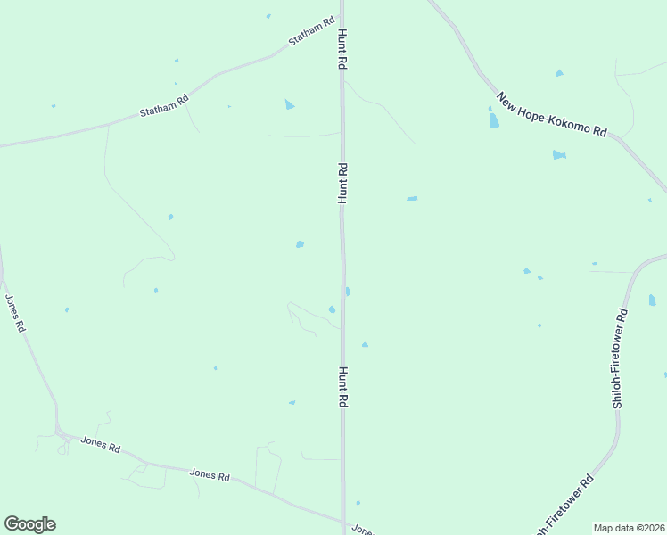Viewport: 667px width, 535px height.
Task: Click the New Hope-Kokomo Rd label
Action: click(x=551, y=114)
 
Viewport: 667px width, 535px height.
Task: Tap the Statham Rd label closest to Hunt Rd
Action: click(x=311, y=31)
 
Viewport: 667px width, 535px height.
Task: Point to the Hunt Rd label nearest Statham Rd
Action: click(x=341, y=50)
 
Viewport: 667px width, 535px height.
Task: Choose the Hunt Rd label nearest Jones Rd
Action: click(x=342, y=388)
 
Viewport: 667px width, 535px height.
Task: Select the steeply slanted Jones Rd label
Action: click(x=15, y=314)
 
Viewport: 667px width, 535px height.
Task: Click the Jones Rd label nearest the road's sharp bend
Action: click(x=100, y=443)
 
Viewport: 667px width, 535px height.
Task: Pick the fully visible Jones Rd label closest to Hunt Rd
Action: click(x=210, y=474)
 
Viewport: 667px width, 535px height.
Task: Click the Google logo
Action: click(x=29, y=524)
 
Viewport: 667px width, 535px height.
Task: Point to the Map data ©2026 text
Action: click(x=628, y=528)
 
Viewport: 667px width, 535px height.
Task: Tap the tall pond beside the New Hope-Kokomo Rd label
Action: click(x=493, y=119)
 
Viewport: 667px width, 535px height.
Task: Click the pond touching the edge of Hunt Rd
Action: click(x=347, y=292)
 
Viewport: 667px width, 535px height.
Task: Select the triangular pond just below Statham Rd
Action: click(x=289, y=105)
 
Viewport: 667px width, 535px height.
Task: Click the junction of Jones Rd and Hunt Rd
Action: click(x=342, y=523)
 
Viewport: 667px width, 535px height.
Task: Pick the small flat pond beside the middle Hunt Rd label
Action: click(x=412, y=198)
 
